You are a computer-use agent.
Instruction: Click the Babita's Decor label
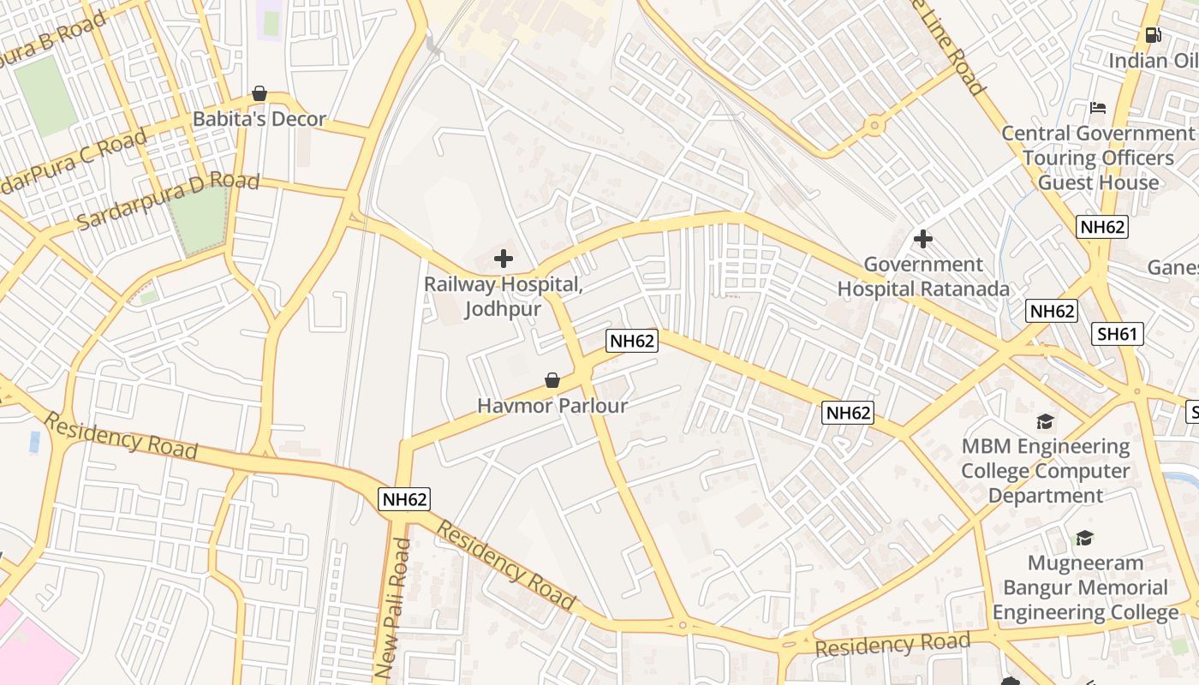tap(259, 119)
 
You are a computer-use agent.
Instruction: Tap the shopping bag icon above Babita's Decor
tap(259, 92)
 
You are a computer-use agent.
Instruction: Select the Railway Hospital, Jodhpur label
tap(504, 296)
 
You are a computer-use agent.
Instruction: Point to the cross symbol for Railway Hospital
tap(504, 258)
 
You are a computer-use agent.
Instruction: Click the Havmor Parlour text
tap(552, 406)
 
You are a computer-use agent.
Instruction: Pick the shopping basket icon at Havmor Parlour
tap(552, 379)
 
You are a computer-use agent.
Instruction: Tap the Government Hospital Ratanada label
tap(923, 277)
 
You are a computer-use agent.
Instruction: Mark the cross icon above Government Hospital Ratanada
tap(923, 238)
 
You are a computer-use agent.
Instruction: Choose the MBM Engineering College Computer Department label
tap(1046, 471)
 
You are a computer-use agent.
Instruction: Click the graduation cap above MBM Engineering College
tap(1045, 421)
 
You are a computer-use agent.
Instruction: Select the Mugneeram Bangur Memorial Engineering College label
tap(1085, 587)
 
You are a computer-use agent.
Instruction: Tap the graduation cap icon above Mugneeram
tap(1085, 538)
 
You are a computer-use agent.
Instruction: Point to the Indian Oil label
tap(1153, 61)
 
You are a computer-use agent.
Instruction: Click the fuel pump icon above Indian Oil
tap(1154, 35)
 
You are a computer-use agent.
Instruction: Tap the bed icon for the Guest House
tap(1098, 108)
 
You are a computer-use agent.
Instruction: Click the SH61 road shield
tap(1118, 334)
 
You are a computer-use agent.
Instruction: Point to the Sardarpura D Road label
tap(168, 201)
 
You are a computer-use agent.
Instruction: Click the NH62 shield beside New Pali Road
tap(404, 499)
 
